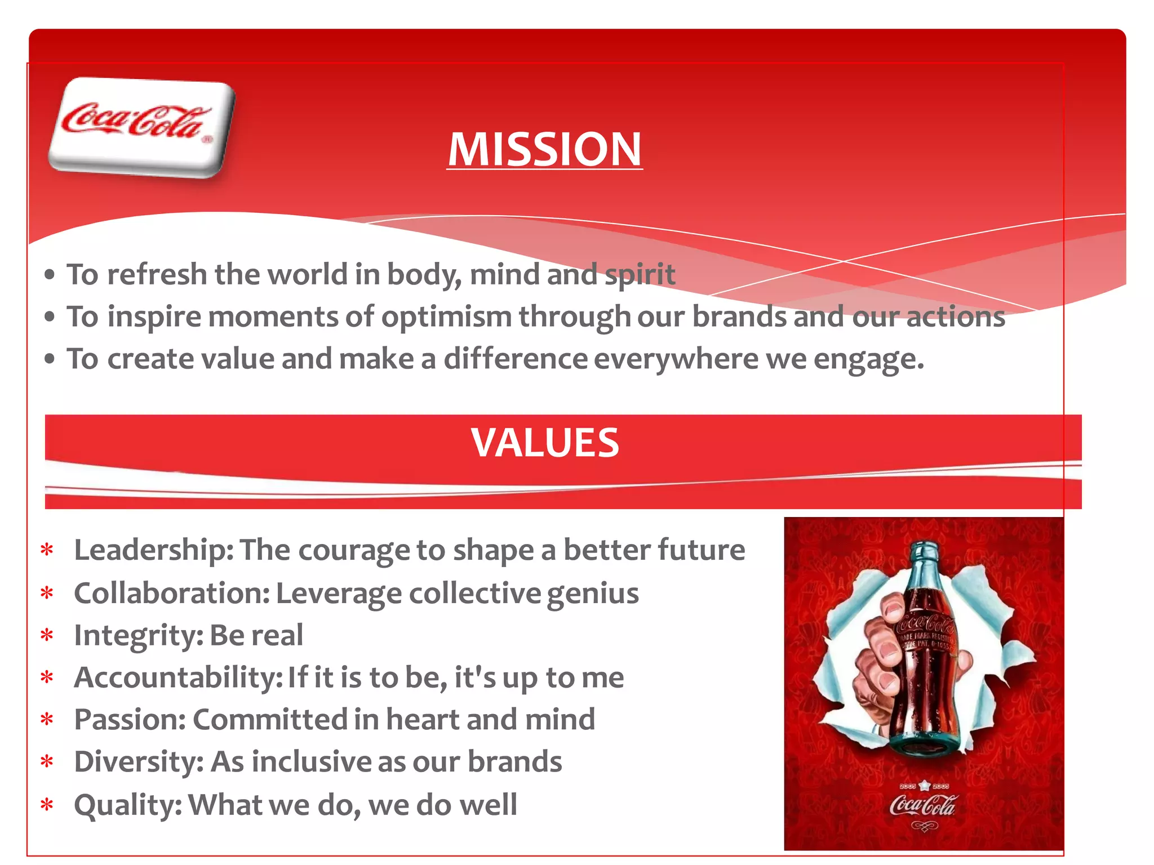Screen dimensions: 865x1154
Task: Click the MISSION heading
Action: coord(545,149)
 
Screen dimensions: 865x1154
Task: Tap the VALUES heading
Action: coord(545,443)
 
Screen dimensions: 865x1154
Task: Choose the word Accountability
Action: coord(178,677)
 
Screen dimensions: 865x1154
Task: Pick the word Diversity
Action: coord(139,762)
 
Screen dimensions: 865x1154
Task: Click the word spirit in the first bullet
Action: coord(640,275)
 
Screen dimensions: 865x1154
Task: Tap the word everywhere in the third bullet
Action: coord(676,359)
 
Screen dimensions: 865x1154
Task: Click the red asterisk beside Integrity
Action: coord(47,636)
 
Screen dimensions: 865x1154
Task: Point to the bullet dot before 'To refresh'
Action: coord(50,275)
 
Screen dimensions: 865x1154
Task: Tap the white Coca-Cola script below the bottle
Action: coord(922,805)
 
